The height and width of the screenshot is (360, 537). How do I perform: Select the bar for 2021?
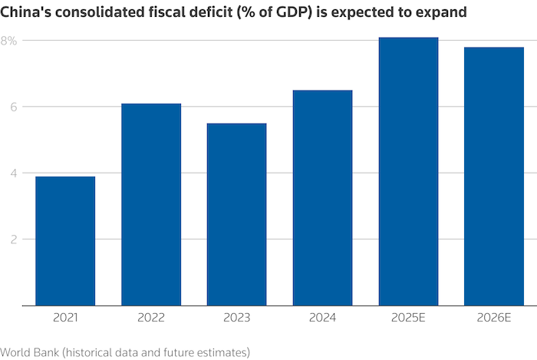coord(65,241)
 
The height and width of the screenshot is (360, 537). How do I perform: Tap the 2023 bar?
coord(237,214)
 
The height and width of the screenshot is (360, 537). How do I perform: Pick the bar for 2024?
coord(323,198)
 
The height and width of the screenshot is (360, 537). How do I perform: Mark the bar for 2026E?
coord(494,177)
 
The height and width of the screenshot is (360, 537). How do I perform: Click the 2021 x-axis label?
coord(65,315)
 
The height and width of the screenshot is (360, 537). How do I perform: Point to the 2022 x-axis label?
coord(151,315)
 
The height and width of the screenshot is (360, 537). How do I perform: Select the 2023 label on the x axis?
coord(237,315)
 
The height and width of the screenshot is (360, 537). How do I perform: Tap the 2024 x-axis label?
coord(323,315)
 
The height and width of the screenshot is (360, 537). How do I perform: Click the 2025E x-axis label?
coord(409,315)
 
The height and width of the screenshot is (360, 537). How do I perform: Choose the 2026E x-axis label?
coord(494,315)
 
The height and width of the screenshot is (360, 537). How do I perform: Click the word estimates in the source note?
coord(224,352)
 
